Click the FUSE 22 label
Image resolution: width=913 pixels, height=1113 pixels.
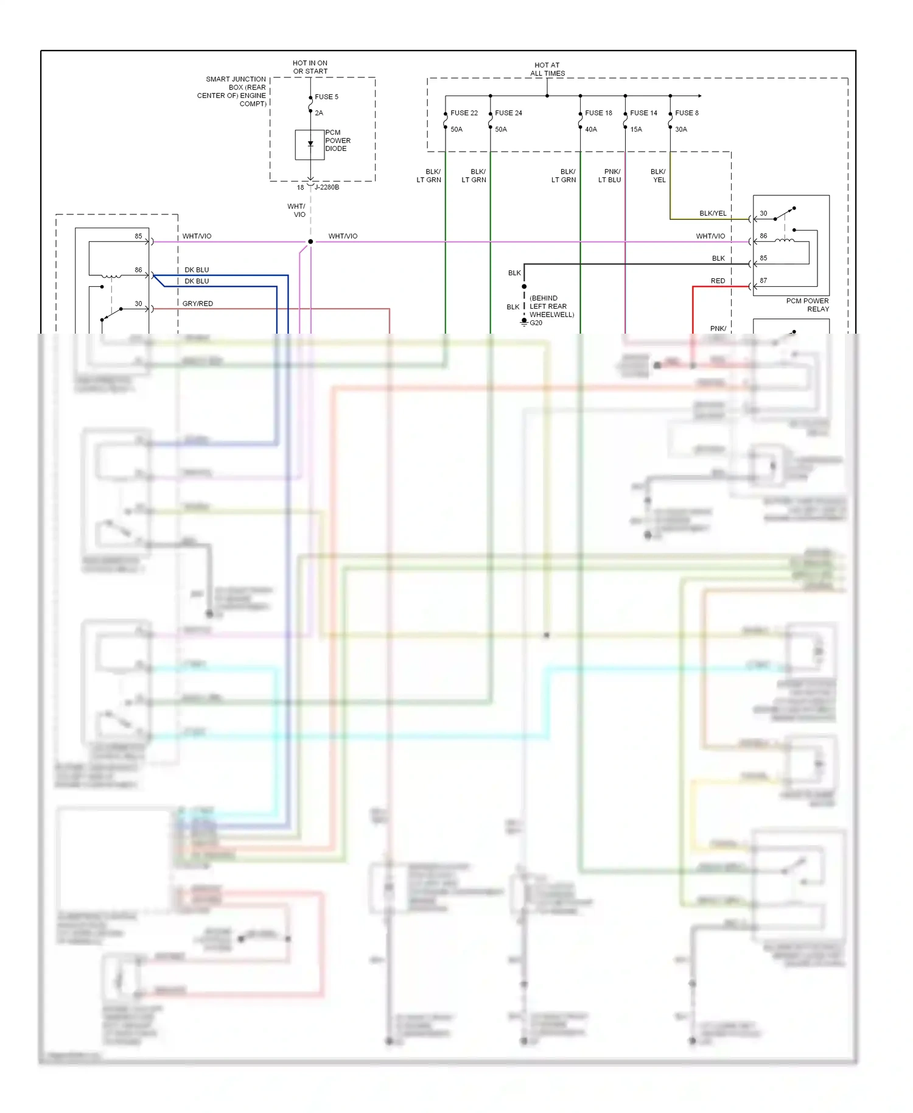click(x=464, y=113)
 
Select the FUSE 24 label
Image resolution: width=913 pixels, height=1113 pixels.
click(x=508, y=113)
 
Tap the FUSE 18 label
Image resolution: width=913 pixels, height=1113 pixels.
click(x=598, y=113)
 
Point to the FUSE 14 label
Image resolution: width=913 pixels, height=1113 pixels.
click(x=643, y=113)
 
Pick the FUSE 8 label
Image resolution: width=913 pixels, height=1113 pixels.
click(x=687, y=113)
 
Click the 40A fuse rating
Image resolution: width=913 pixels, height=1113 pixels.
click(x=591, y=129)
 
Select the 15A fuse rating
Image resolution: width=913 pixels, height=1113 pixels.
click(x=636, y=129)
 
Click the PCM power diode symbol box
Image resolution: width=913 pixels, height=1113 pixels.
click(x=310, y=144)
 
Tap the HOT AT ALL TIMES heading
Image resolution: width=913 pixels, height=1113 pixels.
click(x=547, y=69)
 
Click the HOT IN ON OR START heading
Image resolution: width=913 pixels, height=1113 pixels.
click(x=310, y=67)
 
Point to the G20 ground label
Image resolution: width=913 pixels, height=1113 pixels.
click(x=536, y=323)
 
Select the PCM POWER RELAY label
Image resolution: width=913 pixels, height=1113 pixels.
click(x=807, y=304)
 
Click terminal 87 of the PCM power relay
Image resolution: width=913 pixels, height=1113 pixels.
click(x=763, y=281)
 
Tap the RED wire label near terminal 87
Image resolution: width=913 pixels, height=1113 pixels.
click(x=718, y=281)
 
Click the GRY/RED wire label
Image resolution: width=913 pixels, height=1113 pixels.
click(x=198, y=303)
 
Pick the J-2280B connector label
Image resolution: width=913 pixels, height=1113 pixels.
click(x=327, y=187)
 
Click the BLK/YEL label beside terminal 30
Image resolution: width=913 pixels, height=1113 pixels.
click(x=713, y=213)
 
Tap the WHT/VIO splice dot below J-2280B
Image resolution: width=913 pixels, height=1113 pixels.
click(x=310, y=242)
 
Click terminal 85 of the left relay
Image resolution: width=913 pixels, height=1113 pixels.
click(x=138, y=236)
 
